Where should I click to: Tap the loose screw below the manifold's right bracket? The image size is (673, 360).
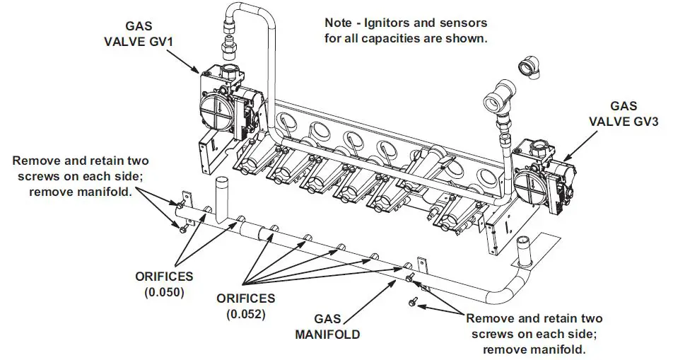point(413,302)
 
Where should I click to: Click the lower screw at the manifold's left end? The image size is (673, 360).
point(182,228)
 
